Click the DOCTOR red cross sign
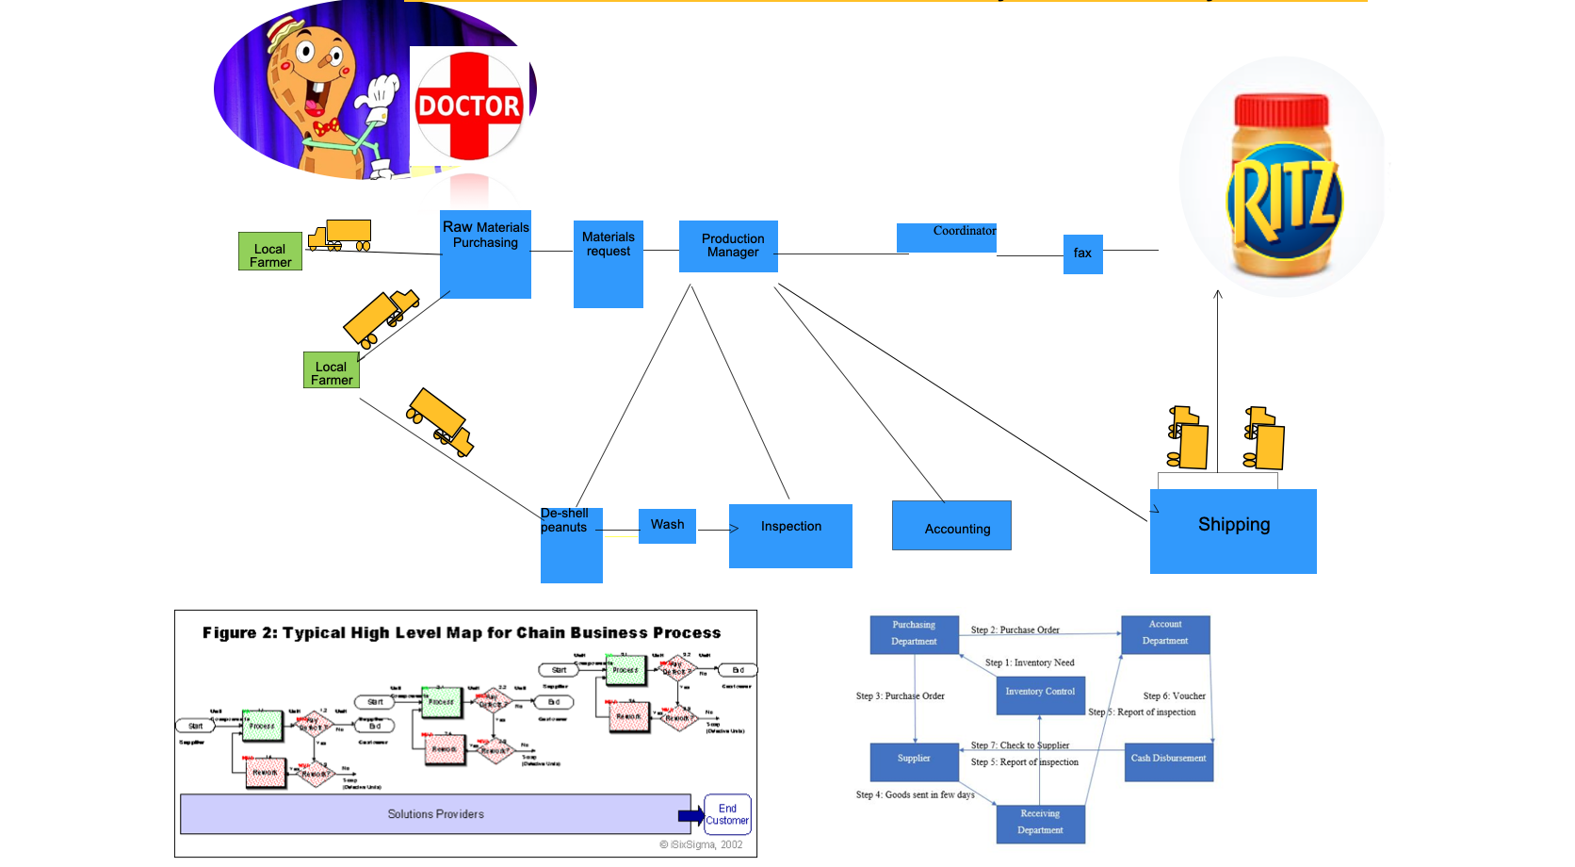(468, 106)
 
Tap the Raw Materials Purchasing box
(485, 254)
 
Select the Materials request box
(608, 264)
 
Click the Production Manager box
(728, 246)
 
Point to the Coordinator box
(946, 237)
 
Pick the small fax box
(1082, 254)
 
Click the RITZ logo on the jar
(1284, 203)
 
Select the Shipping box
(1232, 531)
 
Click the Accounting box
(951, 526)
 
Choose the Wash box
(667, 525)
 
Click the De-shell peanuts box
(571, 545)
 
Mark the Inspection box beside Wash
(790, 535)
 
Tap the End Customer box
(727, 814)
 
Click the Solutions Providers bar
(435, 814)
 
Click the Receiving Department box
(1040, 823)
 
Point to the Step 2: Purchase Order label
(1015, 630)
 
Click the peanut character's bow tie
(326, 127)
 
